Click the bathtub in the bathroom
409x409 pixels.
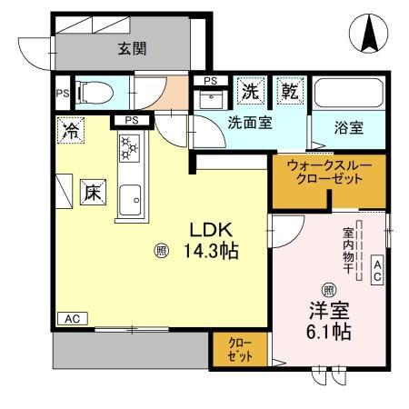point(350,95)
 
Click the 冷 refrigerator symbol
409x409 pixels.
point(69,129)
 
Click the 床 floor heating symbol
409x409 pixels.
point(94,194)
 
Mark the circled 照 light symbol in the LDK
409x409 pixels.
point(160,249)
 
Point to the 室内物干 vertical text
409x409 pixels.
point(347,248)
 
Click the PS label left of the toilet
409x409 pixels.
point(62,92)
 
